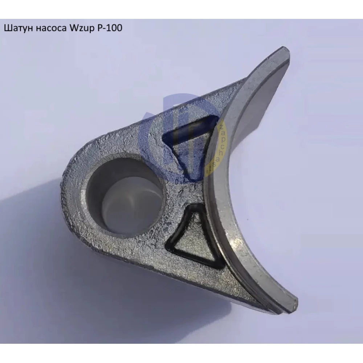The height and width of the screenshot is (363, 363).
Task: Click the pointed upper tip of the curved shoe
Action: coord(285,51)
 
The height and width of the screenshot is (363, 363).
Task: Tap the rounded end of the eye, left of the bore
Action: coord(74,192)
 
